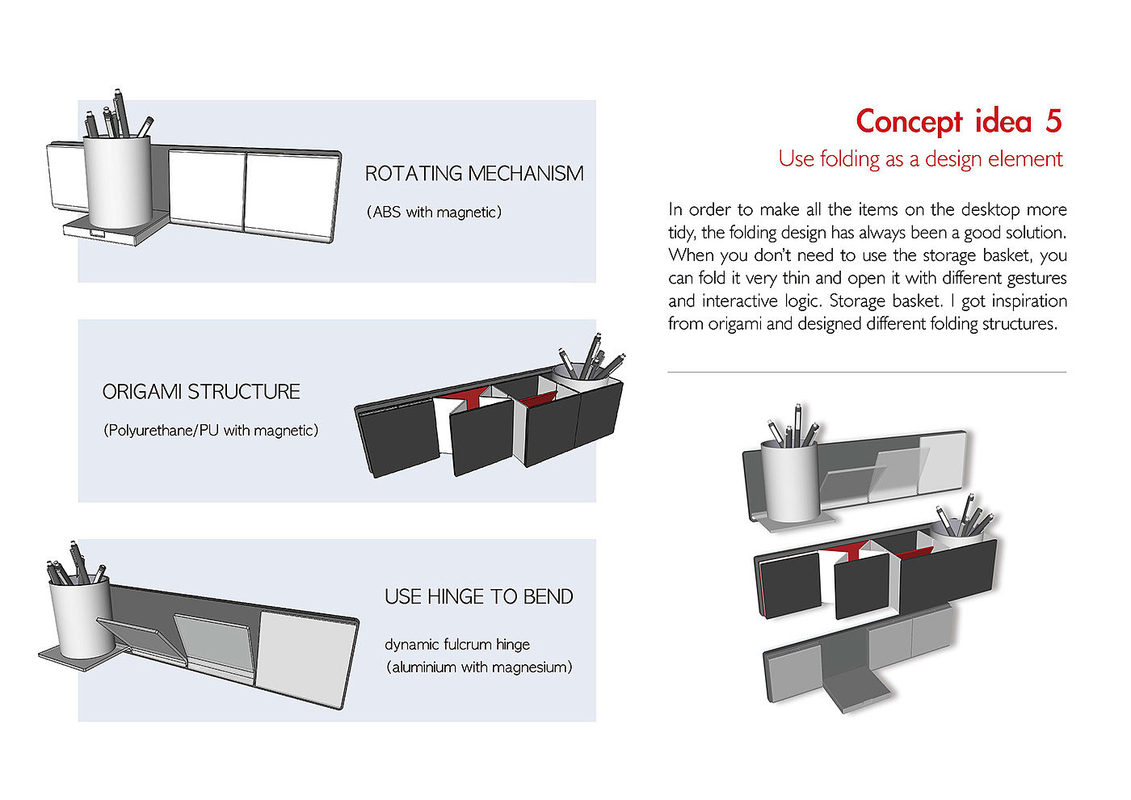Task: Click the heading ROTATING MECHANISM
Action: (474, 174)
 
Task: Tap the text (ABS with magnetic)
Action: (435, 213)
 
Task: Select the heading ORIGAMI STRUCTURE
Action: (201, 392)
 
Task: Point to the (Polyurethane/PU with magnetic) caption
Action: (211, 431)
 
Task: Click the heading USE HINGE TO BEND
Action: (479, 597)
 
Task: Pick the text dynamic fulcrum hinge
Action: (457, 644)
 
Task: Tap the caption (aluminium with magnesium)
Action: (479, 667)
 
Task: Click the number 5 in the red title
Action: (1053, 122)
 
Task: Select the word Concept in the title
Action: (910, 122)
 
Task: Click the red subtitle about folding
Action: (920, 159)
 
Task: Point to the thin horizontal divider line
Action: (867, 373)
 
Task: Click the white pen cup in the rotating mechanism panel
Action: (118, 182)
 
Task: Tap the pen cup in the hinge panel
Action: (82, 618)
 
